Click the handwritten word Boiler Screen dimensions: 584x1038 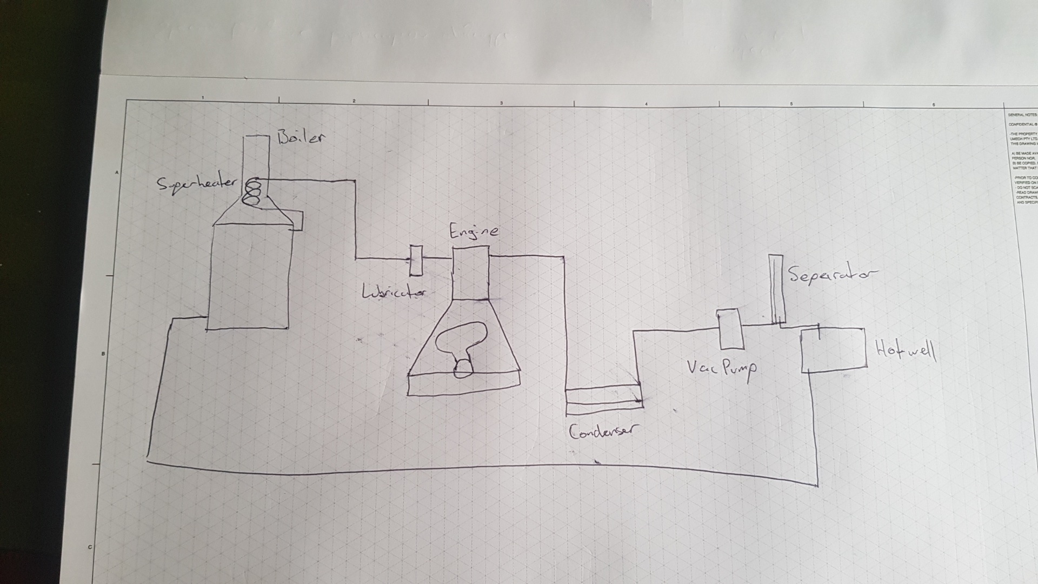[x=302, y=137]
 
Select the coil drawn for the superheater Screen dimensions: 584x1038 [x=251, y=193]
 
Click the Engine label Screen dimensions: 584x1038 [x=474, y=232]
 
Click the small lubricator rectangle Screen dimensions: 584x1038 [x=416, y=260]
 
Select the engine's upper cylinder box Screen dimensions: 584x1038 [x=470, y=274]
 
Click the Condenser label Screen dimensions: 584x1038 [x=603, y=431]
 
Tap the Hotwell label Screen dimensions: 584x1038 [x=906, y=351]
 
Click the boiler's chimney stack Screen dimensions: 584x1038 [x=256, y=157]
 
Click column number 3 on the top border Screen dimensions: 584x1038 [x=501, y=103]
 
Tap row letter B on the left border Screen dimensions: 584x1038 [x=103, y=354]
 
